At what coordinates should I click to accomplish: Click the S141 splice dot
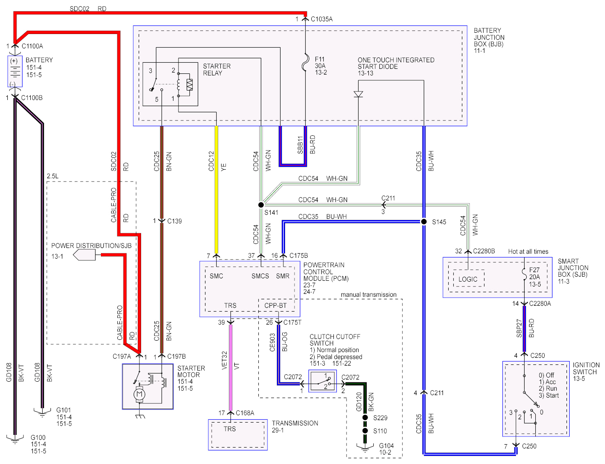(x=261, y=205)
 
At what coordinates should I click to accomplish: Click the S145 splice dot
(x=424, y=222)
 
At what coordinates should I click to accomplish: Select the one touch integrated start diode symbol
(x=358, y=94)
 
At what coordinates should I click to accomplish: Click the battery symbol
(x=15, y=72)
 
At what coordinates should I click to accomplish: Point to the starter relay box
(x=170, y=84)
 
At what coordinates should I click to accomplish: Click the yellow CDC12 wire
(x=216, y=189)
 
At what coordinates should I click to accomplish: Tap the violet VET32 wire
(x=231, y=367)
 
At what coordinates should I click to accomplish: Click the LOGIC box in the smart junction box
(x=468, y=279)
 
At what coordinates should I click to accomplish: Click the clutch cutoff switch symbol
(x=322, y=381)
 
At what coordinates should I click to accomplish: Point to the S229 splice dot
(x=365, y=418)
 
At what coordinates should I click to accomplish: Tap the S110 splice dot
(x=365, y=431)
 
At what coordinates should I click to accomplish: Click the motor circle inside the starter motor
(x=140, y=394)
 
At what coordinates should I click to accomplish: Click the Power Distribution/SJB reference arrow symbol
(x=84, y=255)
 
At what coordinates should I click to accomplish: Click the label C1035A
(x=322, y=19)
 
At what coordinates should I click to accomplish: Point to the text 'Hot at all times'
(x=528, y=252)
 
